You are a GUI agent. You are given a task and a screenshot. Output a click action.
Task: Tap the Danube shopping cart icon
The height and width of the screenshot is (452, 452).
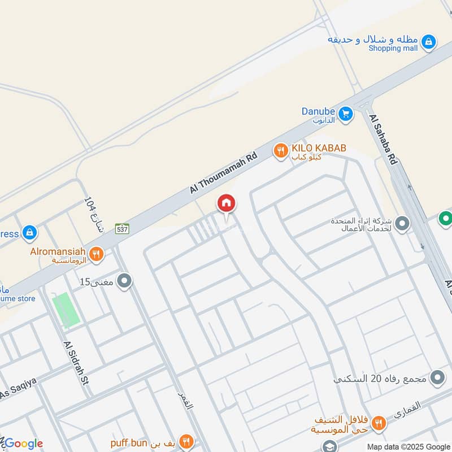click(346, 114)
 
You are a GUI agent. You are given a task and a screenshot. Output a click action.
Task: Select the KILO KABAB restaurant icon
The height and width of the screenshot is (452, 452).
click(280, 150)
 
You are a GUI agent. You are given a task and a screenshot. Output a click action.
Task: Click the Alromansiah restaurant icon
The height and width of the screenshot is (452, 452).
click(96, 254)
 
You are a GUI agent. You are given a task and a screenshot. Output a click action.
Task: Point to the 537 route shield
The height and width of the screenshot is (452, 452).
click(122, 229)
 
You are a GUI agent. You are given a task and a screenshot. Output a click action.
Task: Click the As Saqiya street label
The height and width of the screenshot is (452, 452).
click(18, 389)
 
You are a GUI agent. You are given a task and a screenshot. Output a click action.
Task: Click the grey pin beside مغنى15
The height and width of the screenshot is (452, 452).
click(125, 280)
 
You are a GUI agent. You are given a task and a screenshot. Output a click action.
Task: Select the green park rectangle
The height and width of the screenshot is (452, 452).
click(66, 310)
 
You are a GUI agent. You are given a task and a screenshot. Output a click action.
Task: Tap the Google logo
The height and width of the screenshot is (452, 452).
click(23, 444)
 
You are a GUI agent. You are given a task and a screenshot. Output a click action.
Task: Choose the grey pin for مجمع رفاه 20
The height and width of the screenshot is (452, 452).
click(437, 378)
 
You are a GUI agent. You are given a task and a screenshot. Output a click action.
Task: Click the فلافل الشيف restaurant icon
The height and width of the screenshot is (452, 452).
click(379, 421)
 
